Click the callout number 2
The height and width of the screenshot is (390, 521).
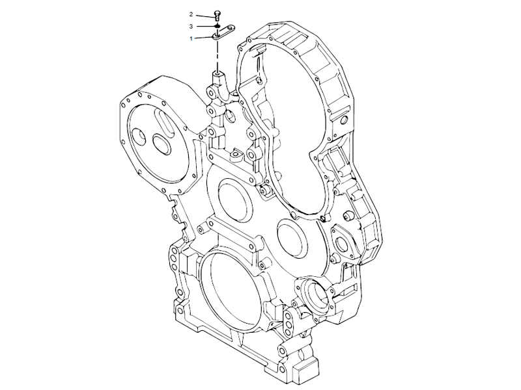coord(191,14)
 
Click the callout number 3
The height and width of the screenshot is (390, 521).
coord(191,26)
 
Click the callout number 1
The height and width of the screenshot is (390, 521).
coord(191,39)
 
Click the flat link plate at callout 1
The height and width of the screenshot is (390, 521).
coord(224,34)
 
